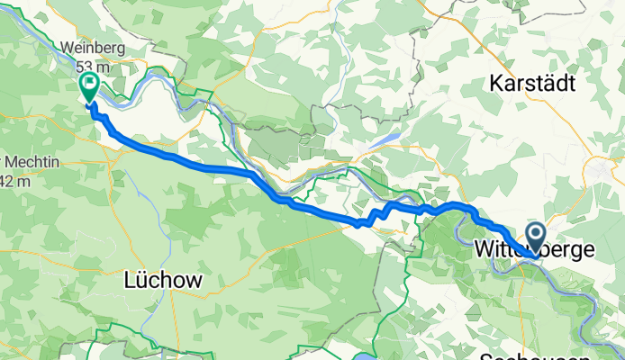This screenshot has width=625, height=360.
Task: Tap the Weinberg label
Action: click(x=91, y=47)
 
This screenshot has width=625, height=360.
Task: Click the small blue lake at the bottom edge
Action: click(x=375, y=355)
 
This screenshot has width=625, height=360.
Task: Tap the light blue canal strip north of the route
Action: click(x=383, y=139)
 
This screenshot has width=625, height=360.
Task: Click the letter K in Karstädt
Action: click(x=496, y=83)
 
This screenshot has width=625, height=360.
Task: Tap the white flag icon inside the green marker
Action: click(x=90, y=84)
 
